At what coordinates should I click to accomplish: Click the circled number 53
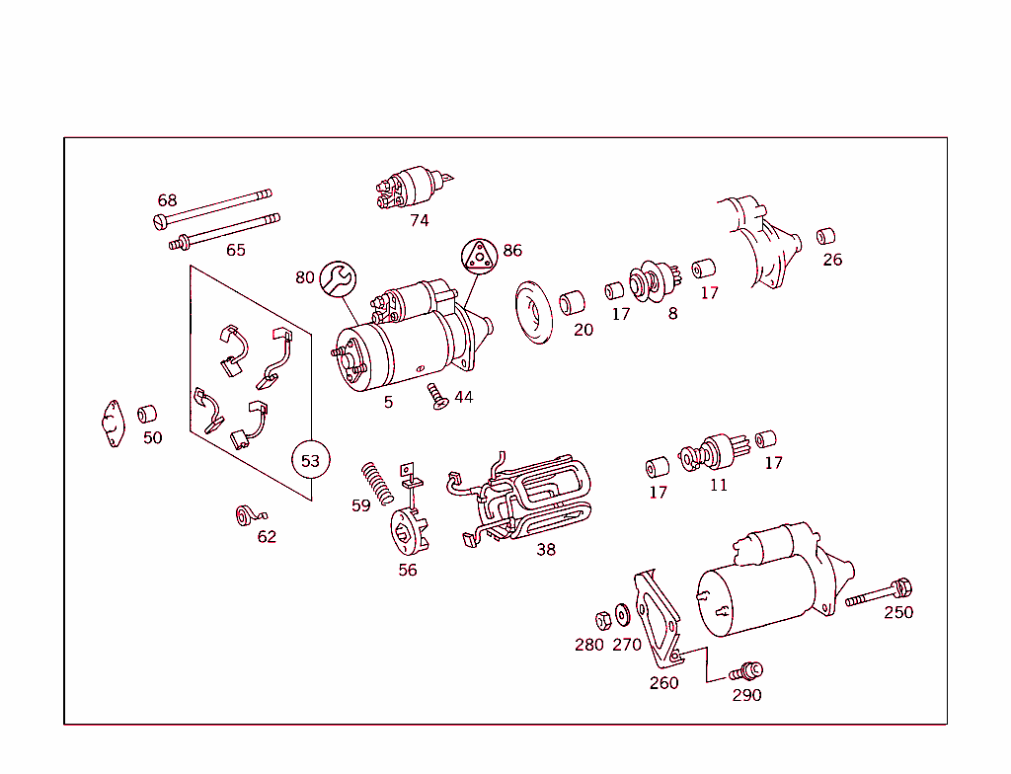[x=311, y=460]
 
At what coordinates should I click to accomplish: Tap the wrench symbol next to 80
[x=338, y=278]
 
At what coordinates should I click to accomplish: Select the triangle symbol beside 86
[x=479, y=257]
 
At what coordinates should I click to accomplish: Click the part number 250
[x=897, y=612]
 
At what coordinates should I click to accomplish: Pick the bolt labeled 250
[x=878, y=594]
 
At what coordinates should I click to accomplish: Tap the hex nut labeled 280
[x=601, y=620]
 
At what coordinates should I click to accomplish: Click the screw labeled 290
[x=746, y=671]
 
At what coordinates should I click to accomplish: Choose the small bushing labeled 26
[x=826, y=236]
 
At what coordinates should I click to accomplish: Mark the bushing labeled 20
[x=572, y=302]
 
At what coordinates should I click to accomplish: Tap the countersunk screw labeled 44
[x=437, y=396]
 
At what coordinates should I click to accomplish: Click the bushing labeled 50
[x=147, y=414]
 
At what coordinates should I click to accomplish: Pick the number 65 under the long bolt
[x=235, y=250]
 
